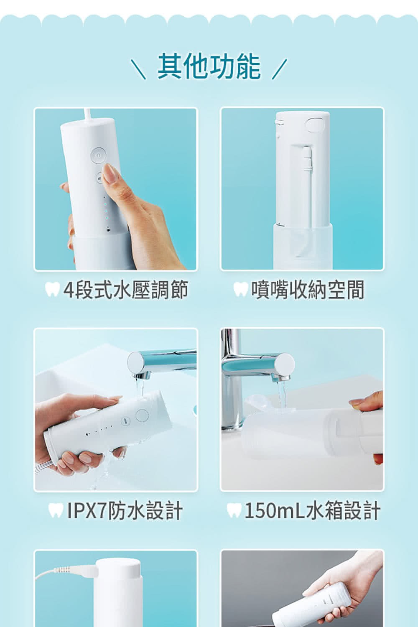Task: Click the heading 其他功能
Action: pyautogui.click(x=209, y=66)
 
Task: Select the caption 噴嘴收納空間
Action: pyautogui.click(x=308, y=290)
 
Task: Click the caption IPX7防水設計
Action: pyautogui.click(x=125, y=511)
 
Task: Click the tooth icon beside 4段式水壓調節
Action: pyautogui.click(x=52, y=289)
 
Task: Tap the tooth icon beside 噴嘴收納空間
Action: pyautogui.click(x=240, y=289)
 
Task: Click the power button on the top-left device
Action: pyautogui.click(x=98, y=155)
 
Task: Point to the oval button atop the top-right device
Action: pyautogui.click(x=316, y=125)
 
